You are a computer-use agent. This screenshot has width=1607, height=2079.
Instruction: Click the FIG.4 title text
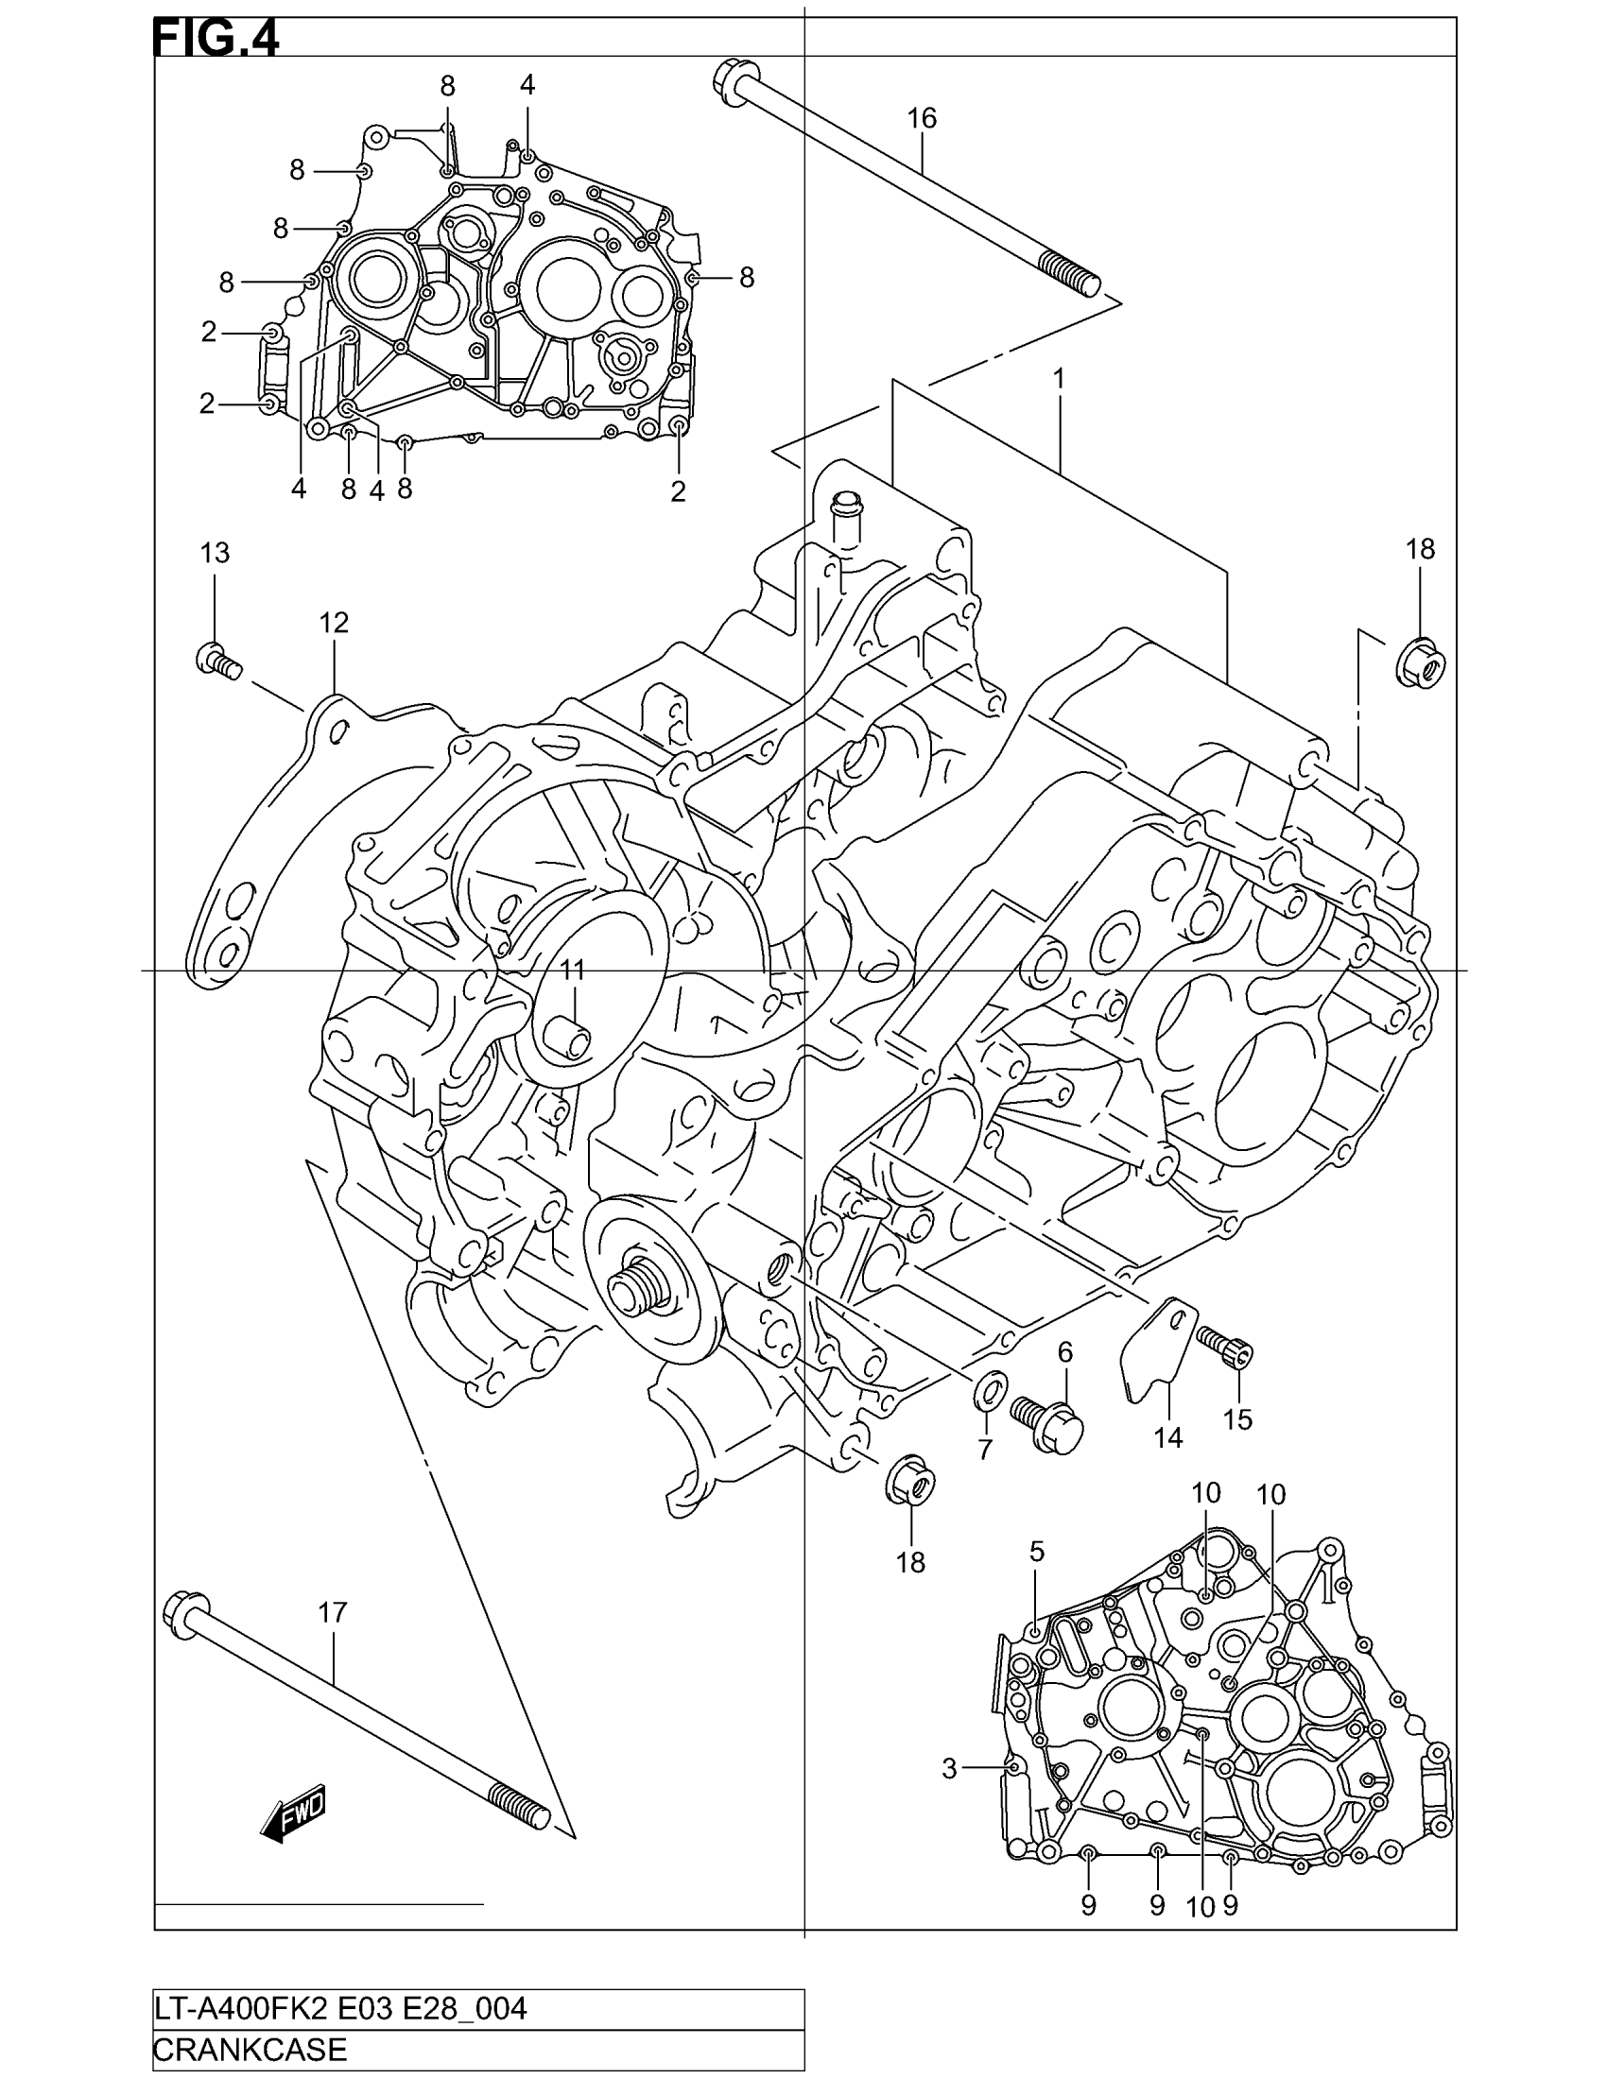point(216,39)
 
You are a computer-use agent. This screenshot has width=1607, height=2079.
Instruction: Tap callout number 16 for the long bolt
point(922,119)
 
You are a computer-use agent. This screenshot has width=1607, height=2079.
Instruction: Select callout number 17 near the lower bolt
point(332,1612)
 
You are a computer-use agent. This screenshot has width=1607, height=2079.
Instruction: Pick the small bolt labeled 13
point(217,659)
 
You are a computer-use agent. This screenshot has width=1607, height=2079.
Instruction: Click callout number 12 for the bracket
point(333,623)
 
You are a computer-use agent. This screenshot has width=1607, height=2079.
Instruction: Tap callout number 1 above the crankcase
point(1058,379)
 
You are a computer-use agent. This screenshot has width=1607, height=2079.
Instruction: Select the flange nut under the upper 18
point(1422,660)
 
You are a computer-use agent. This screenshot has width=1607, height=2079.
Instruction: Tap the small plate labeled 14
point(1155,1350)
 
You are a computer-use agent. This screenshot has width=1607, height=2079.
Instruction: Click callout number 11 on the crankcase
point(571,970)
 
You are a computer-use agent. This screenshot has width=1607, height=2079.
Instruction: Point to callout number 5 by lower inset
point(1037,1552)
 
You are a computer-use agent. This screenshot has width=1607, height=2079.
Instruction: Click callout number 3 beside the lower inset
point(949,1769)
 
